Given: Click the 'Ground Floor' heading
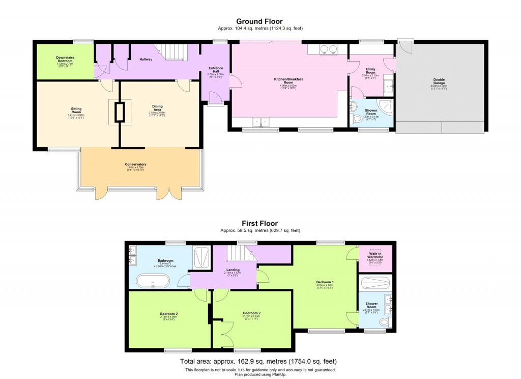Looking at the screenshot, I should pyautogui.click(x=259, y=21).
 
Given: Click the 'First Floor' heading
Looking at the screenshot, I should pyautogui.click(x=259, y=223).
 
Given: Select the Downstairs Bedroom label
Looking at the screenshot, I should pyautogui.click(x=65, y=60).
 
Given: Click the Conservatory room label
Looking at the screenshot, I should pyautogui.click(x=135, y=165).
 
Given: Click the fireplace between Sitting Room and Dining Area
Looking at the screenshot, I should pyautogui.click(x=120, y=112).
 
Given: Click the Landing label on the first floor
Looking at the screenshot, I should pyautogui.click(x=233, y=270).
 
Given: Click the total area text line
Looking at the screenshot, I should pyautogui.click(x=259, y=362).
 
